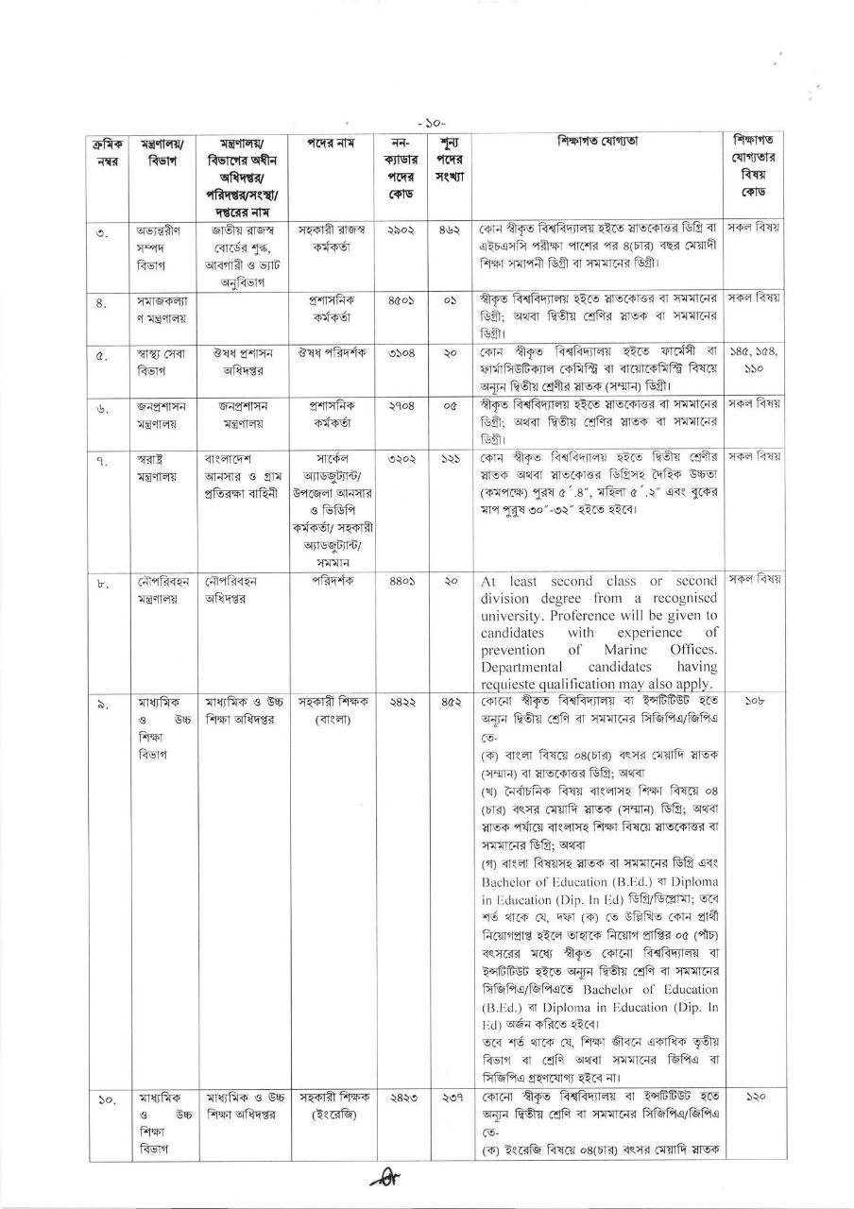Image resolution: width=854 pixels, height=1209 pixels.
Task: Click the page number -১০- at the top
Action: click(x=430, y=122)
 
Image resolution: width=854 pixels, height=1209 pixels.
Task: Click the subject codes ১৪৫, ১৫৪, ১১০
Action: click(x=753, y=362)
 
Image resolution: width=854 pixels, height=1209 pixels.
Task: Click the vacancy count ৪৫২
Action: click(x=450, y=703)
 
